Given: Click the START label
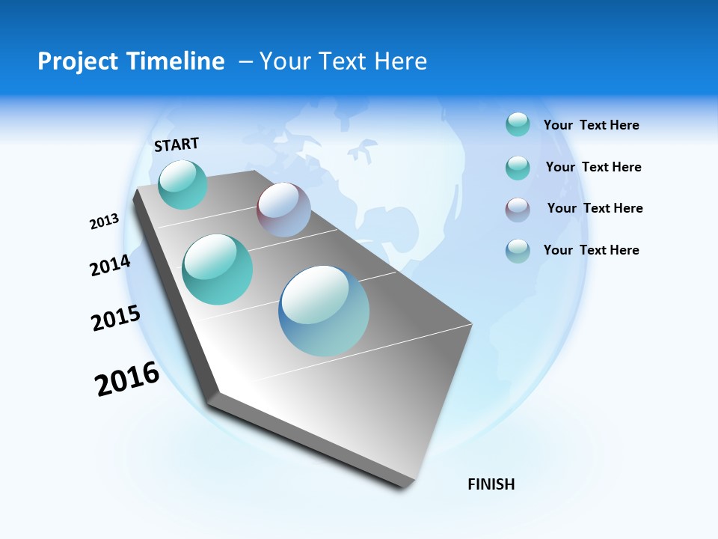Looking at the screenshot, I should [177, 144].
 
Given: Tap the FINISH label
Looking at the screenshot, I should [491, 484].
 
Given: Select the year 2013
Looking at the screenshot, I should [104, 222].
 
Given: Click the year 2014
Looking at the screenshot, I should [110, 265].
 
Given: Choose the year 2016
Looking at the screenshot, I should [127, 378].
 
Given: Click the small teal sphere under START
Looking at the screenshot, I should [182, 184].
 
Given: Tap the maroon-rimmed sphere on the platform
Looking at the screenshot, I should [283, 210].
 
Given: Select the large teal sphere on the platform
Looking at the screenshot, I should [218, 269].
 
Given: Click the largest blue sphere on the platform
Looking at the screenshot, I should [324, 311].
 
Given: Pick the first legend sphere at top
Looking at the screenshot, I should [518, 124].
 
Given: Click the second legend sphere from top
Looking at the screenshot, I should [518, 168].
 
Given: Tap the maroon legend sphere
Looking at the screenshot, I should [518, 210].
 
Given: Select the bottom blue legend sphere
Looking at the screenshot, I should [518, 251].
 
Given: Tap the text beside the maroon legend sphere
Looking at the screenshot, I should [595, 208].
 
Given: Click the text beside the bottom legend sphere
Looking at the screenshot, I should [591, 250].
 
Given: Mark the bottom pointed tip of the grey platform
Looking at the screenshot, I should [408, 487].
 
